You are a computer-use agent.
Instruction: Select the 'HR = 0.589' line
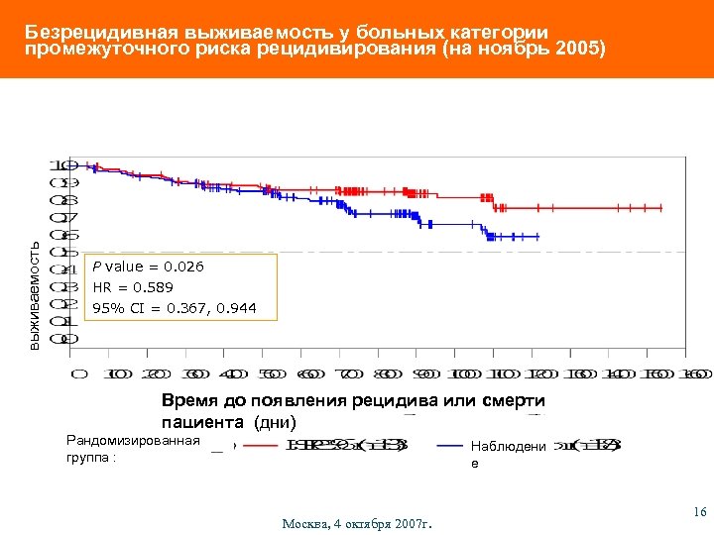click(133, 287)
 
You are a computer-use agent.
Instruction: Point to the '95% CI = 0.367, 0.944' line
click(174, 308)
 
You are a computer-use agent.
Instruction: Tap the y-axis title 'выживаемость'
click(34, 295)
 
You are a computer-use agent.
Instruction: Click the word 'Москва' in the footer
click(307, 522)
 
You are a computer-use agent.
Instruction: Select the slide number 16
click(699, 511)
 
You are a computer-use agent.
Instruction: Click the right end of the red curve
click(661, 208)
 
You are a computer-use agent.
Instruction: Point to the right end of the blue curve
click(538, 237)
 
